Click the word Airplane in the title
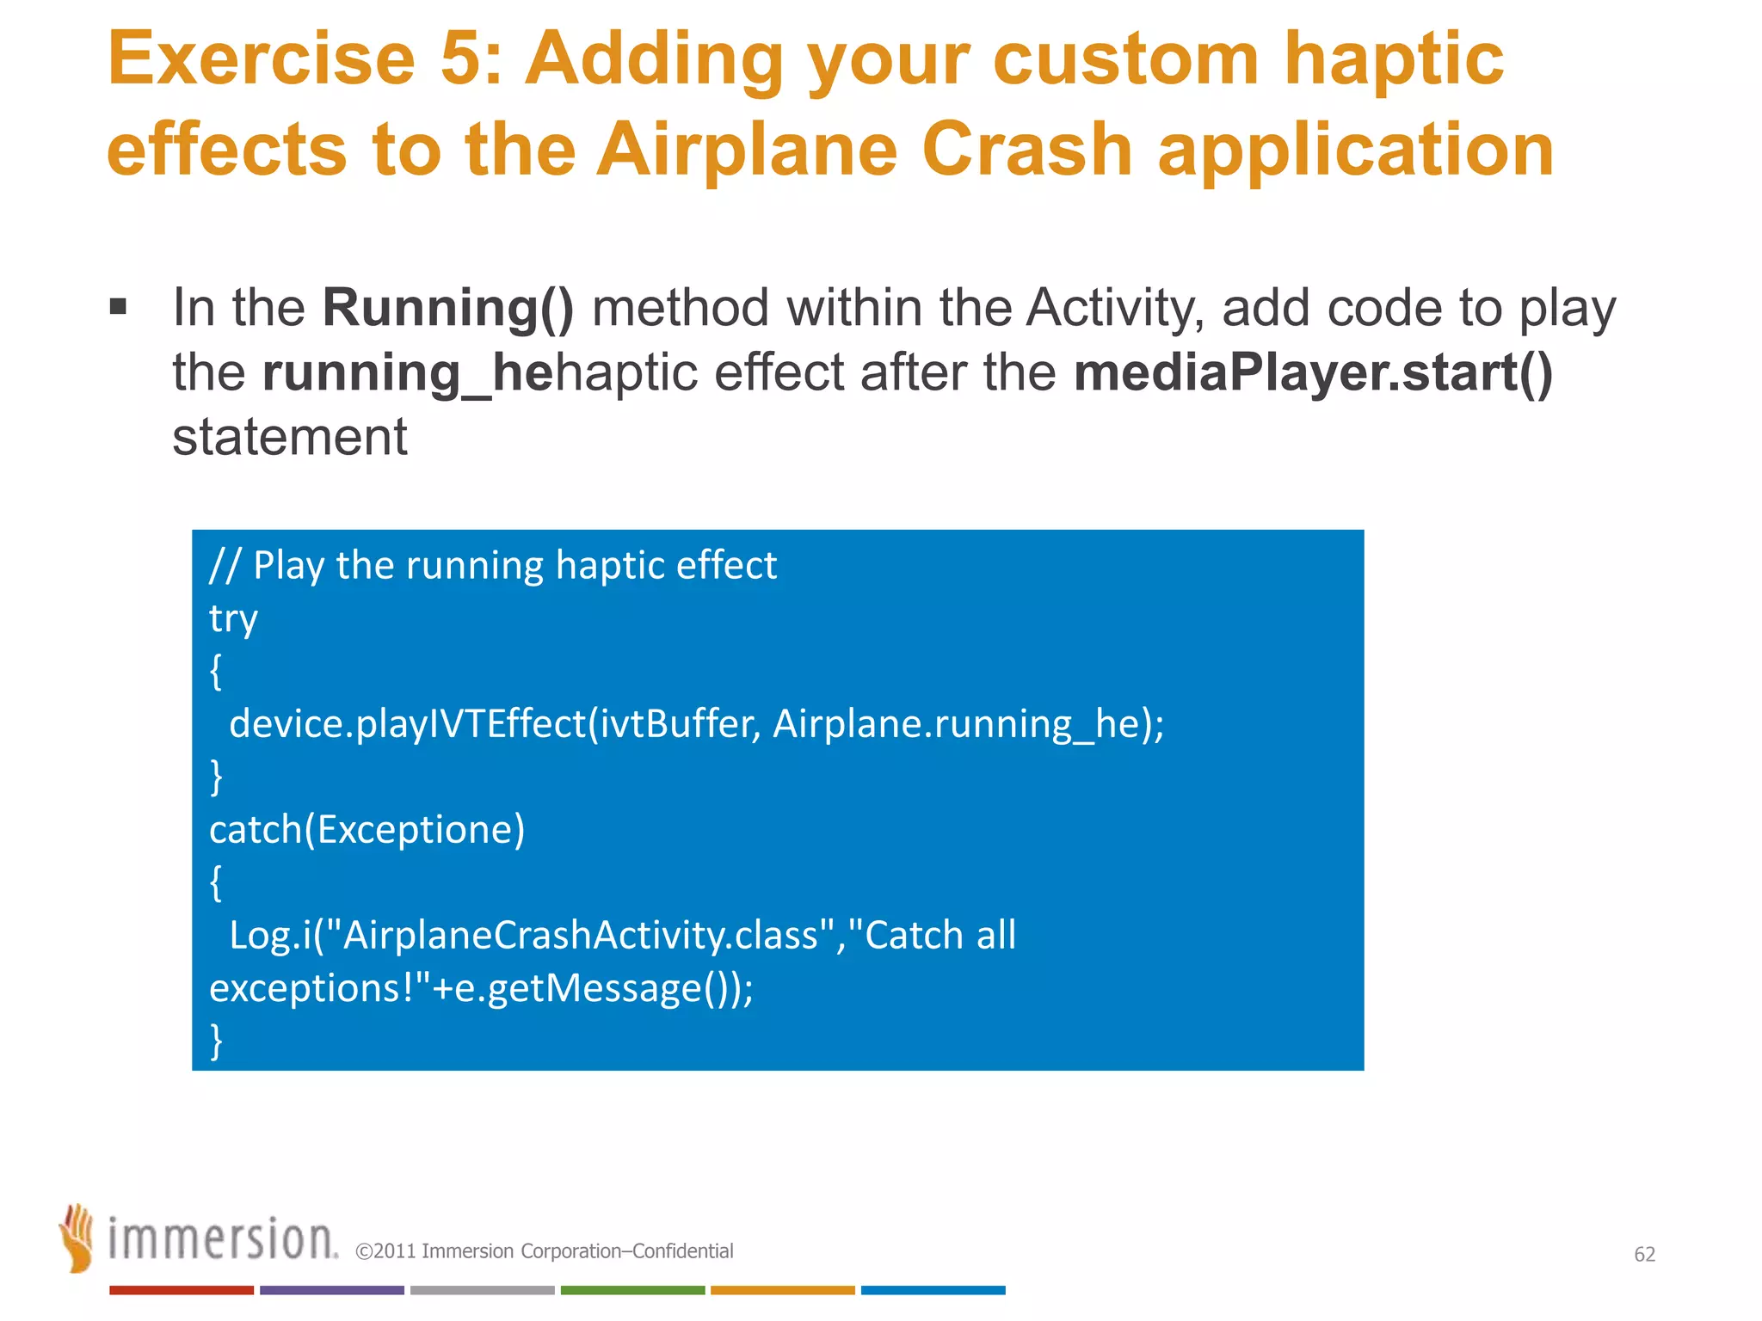point(747,151)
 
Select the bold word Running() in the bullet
point(447,308)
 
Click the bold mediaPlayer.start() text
point(1313,372)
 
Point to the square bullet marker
point(119,307)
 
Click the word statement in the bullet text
point(289,437)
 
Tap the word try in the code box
point(233,619)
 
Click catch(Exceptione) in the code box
point(367,830)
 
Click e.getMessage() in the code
point(594,988)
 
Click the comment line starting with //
point(493,566)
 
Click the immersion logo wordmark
point(222,1239)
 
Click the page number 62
point(1644,1255)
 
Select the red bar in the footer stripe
point(182,1290)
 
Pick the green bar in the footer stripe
point(632,1290)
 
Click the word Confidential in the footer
point(682,1251)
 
